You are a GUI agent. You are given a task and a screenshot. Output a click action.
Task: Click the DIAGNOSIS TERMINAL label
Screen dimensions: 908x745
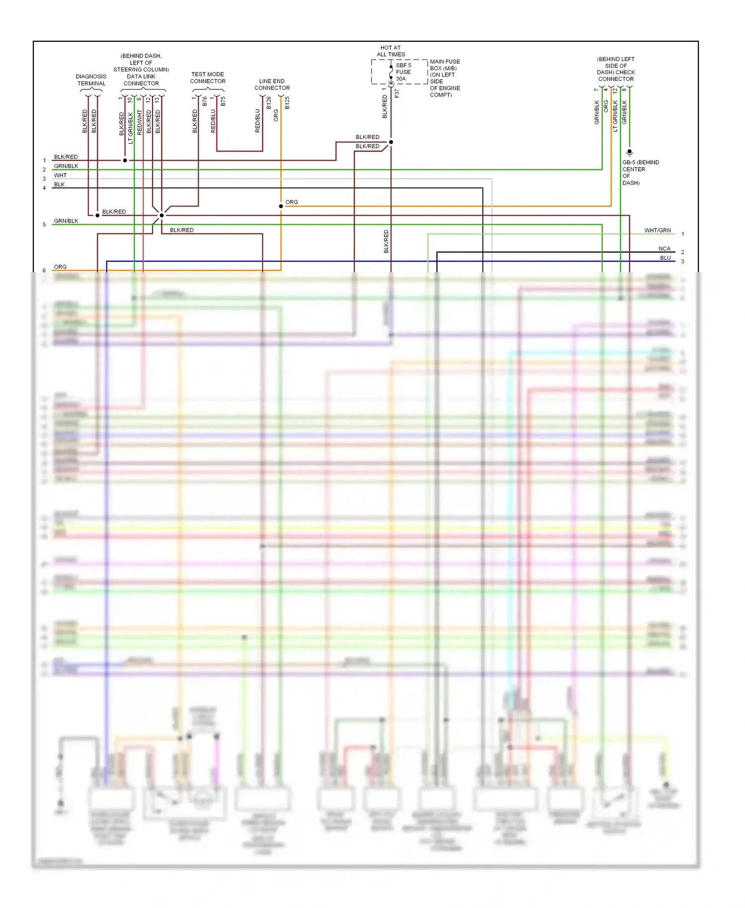91,80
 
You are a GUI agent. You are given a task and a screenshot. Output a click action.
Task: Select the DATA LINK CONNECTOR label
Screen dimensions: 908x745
141,79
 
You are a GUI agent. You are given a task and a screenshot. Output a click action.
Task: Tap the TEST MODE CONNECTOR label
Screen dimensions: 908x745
208,77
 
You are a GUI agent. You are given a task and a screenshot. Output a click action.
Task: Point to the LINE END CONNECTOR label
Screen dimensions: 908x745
272,84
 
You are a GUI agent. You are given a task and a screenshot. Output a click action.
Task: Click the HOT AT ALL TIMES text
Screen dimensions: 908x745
391,51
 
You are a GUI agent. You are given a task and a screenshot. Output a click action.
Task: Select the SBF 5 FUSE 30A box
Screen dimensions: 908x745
399,72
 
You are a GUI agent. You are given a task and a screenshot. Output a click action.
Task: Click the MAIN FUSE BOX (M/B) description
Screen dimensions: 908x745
445,78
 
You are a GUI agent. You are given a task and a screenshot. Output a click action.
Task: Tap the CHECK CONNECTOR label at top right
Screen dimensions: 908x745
616,76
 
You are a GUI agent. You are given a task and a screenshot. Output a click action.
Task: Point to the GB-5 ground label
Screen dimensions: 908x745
640,172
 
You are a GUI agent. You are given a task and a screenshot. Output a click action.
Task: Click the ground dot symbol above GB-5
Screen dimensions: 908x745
629,152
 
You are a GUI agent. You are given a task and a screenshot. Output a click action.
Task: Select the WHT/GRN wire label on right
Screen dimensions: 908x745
657,230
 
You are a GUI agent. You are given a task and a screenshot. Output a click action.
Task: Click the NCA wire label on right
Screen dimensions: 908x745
664,249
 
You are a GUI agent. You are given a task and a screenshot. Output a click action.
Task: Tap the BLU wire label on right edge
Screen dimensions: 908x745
665,258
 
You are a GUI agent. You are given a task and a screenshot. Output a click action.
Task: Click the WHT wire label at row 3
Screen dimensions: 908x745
60,175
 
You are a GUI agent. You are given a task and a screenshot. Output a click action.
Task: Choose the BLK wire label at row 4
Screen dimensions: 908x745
59,184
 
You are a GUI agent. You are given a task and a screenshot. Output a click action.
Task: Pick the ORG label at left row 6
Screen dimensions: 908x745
60,267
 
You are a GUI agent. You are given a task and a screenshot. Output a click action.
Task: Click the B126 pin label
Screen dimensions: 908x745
269,103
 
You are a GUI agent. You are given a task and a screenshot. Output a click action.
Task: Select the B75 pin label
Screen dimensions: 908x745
223,101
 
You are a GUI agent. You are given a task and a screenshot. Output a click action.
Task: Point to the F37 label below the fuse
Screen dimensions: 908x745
396,93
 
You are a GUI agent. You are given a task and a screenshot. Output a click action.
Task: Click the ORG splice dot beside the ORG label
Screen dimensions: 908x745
281,206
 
